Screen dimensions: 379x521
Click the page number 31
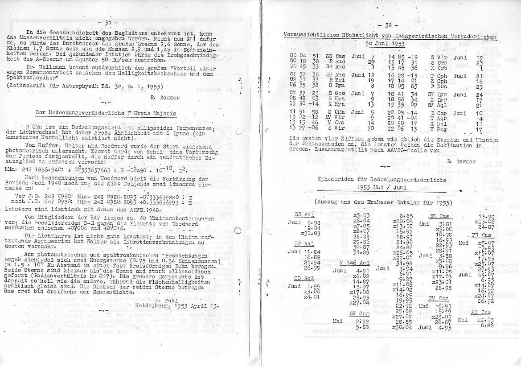tap(108, 22)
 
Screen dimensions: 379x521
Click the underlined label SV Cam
tap(358, 313)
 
